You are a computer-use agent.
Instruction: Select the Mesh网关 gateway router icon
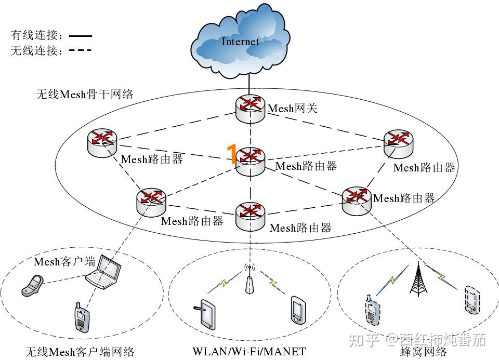pyautogui.click(x=251, y=109)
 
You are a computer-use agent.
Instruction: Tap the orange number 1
pyautogui.click(x=232, y=154)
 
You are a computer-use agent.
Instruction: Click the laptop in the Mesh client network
pyautogui.click(x=104, y=272)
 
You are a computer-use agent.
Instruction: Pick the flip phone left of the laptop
pyautogui.click(x=32, y=286)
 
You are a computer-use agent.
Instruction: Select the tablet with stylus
pyautogui.click(x=205, y=314)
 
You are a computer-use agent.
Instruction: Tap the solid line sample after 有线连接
pyautogui.click(x=81, y=36)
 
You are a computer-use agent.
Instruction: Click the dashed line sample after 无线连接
pyautogui.click(x=81, y=50)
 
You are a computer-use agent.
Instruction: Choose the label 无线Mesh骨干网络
pyautogui.click(x=85, y=94)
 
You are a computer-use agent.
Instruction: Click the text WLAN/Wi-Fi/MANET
pyautogui.click(x=249, y=351)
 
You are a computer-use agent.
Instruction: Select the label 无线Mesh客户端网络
pyautogui.click(x=80, y=352)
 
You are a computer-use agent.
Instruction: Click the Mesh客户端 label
pyautogui.click(x=64, y=262)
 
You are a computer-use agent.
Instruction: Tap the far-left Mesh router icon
pyautogui.click(x=102, y=143)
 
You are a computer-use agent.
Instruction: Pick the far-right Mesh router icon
pyautogui.click(x=399, y=144)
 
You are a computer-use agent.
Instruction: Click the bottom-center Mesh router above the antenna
pyautogui.click(x=251, y=217)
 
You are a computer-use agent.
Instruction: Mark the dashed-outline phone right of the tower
pyautogui.click(x=472, y=300)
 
